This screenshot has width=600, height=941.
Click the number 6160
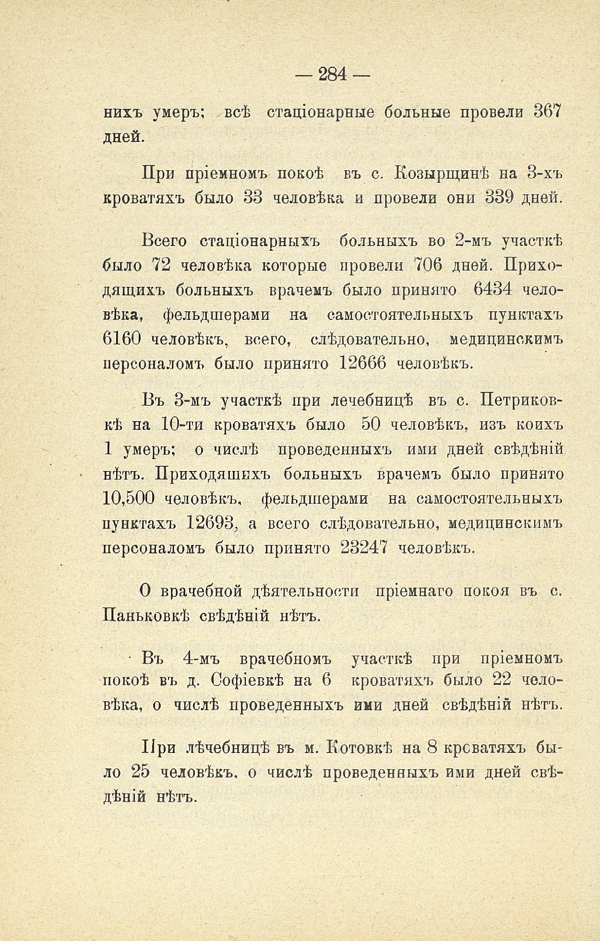coord(122,340)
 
